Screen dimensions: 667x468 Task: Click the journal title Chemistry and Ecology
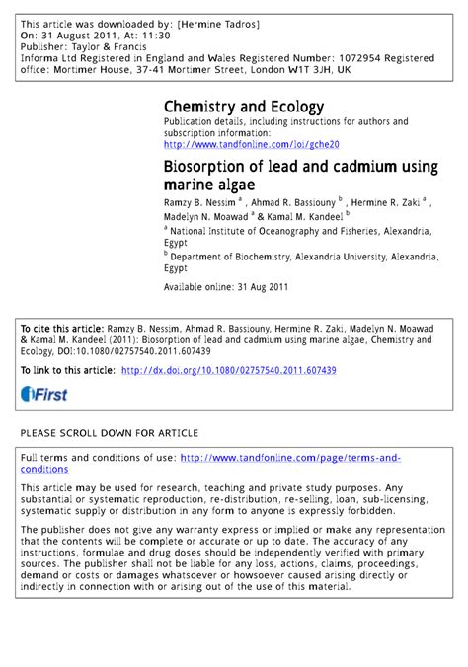(x=243, y=106)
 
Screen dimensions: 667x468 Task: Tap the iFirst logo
(x=40, y=394)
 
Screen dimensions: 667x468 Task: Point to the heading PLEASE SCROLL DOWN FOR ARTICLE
(x=110, y=433)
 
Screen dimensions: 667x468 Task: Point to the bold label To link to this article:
(x=66, y=370)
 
